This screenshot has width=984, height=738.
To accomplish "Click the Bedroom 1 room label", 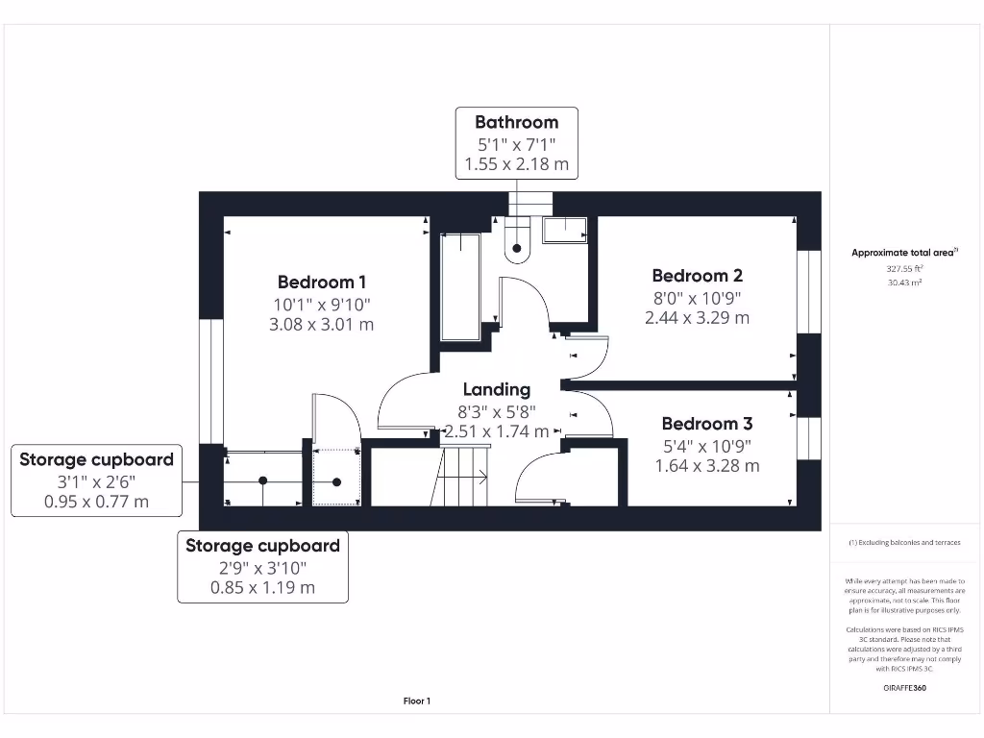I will (x=322, y=282).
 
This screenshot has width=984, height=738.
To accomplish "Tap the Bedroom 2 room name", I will (x=697, y=276).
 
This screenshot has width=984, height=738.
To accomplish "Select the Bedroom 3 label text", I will (x=706, y=424).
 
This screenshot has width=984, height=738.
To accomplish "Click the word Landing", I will (x=497, y=389).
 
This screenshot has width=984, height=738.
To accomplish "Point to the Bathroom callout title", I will (x=516, y=122).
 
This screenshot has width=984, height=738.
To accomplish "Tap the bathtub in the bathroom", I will (x=460, y=285).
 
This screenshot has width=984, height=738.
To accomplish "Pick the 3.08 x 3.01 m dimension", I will (x=322, y=325).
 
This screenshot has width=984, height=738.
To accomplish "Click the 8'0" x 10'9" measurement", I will (x=697, y=298).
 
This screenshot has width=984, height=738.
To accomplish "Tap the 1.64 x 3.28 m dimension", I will (x=706, y=466).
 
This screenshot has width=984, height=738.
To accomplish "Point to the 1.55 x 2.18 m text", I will (x=516, y=164).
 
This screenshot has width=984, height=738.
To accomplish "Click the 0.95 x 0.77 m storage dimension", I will (x=96, y=502).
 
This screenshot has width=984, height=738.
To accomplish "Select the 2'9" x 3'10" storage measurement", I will (x=262, y=567).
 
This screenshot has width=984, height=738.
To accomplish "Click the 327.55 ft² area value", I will (x=904, y=270).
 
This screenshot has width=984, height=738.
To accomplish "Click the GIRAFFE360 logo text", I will (x=904, y=688).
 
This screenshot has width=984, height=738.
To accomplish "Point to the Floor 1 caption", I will (x=416, y=701).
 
